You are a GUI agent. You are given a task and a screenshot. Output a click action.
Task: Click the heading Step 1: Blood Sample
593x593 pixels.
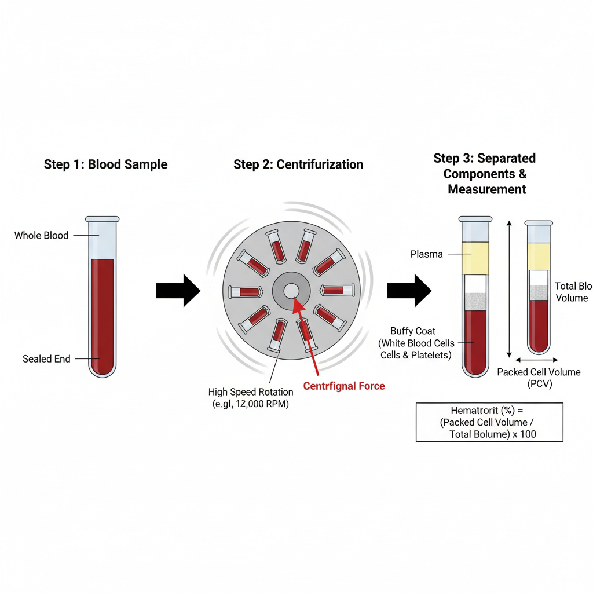click(x=105, y=164)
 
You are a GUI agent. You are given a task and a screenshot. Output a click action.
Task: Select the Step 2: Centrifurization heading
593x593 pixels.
click(x=298, y=164)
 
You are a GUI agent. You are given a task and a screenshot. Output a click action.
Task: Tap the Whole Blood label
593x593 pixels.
click(x=41, y=235)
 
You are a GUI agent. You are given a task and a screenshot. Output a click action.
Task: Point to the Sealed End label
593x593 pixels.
click(x=46, y=359)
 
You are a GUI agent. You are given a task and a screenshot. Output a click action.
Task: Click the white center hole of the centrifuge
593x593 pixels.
click(x=291, y=291)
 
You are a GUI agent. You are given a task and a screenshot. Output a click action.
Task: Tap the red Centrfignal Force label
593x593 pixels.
click(x=343, y=386)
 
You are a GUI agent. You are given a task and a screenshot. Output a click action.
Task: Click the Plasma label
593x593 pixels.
click(x=426, y=254)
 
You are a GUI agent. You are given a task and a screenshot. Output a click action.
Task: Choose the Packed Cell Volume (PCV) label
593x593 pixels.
click(x=539, y=378)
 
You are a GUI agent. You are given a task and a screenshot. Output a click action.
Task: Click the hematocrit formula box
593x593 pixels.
click(x=489, y=422)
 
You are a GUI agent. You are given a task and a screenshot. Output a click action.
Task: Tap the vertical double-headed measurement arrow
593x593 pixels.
click(x=508, y=290)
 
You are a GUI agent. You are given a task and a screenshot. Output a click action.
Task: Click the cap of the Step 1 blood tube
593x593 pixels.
click(x=103, y=219)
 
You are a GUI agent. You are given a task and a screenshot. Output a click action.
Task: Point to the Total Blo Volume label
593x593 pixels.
click(x=572, y=292)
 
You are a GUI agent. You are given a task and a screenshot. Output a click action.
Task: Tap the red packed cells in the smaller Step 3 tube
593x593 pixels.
click(x=539, y=324)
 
